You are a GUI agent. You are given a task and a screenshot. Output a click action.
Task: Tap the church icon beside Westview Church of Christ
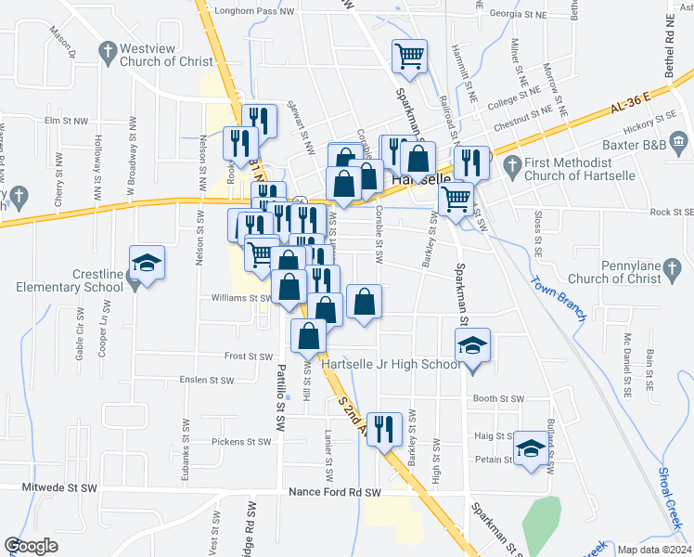click(x=108, y=50)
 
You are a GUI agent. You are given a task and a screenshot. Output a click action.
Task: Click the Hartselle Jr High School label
click(x=391, y=364)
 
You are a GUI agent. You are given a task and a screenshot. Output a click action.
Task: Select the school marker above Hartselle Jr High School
click(x=472, y=347)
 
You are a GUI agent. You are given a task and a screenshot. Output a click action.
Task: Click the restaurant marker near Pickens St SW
click(x=385, y=430)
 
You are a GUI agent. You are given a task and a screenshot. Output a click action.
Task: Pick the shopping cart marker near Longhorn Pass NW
click(x=409, y=58)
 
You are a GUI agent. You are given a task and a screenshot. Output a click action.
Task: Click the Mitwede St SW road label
click(x=61, y=486)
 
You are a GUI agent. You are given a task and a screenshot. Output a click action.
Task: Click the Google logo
click(x=31, y=546)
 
